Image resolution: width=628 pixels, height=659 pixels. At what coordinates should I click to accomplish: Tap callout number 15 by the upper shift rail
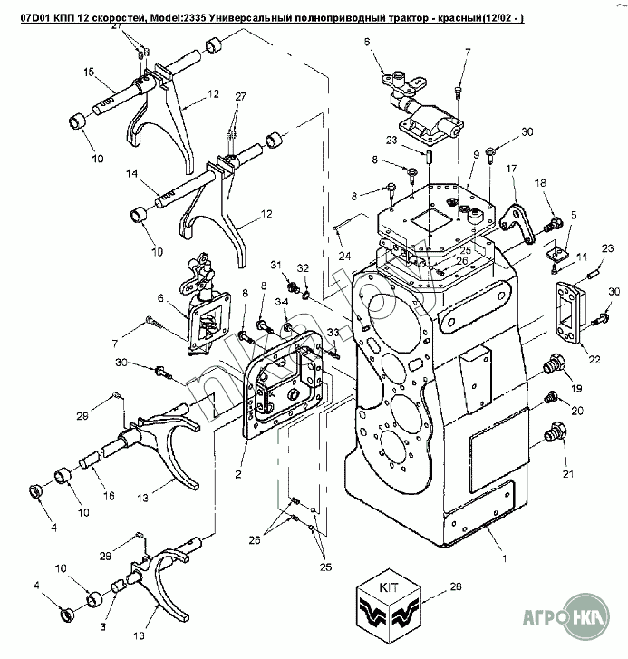(x=89, y=72)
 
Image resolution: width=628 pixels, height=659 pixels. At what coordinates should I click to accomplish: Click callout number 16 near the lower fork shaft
(x=109, y=496)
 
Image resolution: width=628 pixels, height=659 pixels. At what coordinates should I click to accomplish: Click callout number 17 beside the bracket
(x=511, y=169)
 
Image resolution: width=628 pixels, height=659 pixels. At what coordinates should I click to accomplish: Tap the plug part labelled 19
(x=550, y=365)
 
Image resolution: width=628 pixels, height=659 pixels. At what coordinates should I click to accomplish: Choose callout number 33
(x=333, y=334)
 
